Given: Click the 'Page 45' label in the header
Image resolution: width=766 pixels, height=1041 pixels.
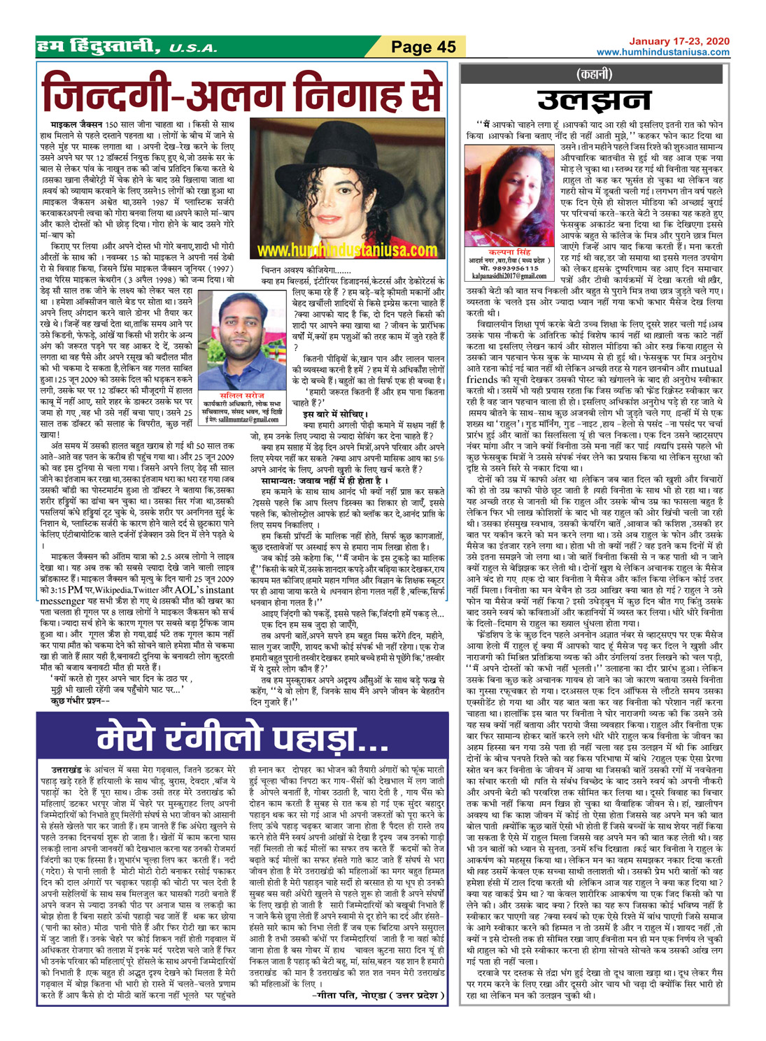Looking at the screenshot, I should point(423,48).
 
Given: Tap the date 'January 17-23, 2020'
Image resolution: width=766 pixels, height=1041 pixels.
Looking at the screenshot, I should point(679,41).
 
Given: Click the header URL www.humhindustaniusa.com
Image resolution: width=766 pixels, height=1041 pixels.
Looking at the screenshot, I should point(663,52).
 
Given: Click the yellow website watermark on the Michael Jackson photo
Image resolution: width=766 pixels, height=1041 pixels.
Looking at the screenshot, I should point(347,250).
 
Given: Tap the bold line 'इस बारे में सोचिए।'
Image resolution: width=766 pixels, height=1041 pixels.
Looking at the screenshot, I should point(332,415).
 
